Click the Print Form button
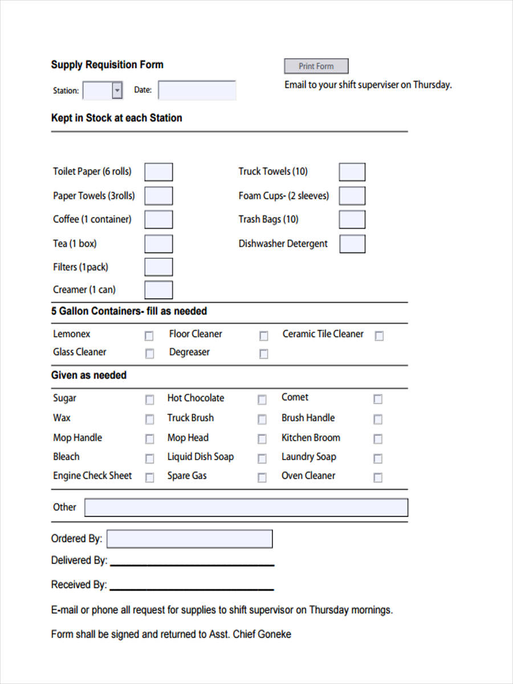click(316, 66)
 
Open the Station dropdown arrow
click(117, 91)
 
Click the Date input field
click(197, 91)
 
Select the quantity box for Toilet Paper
click(158, 172)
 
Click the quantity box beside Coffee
click(158, 220)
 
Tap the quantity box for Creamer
click(158, 290)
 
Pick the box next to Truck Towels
click(352, 172)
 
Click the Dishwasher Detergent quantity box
click(352, 244)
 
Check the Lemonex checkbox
click(149, 336)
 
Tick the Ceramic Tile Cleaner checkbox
click(379, 336)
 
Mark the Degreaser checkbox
click(263, 354)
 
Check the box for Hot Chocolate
click(262, 400)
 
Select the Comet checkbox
click(377, 399)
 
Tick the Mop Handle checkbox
click(149, 439)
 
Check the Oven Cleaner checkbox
click(377, 478)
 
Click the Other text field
click(246, 508)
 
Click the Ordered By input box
click(189, 539)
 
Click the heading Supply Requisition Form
click(107, 65)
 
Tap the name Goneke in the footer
click(274, 634)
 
